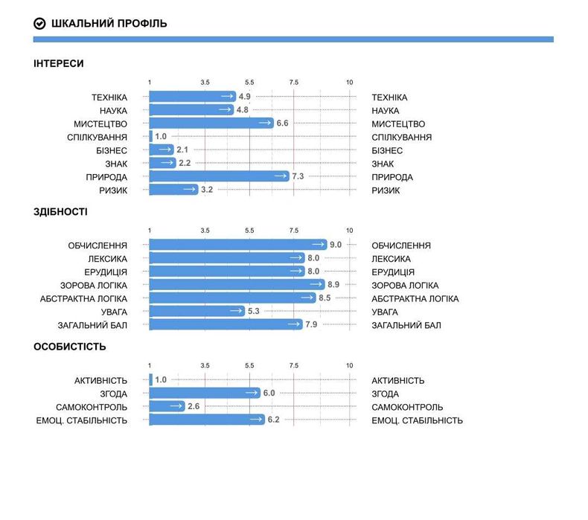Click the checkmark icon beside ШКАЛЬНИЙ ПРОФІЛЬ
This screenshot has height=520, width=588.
[40, 24]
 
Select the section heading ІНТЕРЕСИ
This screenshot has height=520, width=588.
[59, 64]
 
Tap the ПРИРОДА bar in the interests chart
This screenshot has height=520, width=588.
[219, 177]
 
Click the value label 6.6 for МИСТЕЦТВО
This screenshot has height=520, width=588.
[282, 123]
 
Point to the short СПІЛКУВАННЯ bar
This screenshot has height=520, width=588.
[151, 137]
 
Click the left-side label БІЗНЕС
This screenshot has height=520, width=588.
[112, 150]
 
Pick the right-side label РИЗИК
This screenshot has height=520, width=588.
[386, 190]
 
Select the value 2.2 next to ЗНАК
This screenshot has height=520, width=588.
[185, 164]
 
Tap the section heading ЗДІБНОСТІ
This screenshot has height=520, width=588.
[60, 212]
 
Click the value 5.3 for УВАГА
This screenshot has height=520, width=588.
[254, 312]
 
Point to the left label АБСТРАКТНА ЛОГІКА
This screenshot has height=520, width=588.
[83, 298]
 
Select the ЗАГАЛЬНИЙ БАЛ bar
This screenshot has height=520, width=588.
[226, 325]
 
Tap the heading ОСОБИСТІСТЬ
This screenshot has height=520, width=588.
[70, 347]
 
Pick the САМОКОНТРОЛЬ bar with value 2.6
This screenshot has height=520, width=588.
[167, 407]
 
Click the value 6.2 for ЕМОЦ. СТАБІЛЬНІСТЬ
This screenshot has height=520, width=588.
[273, 420]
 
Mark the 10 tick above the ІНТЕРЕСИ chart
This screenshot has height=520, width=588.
[350, 82]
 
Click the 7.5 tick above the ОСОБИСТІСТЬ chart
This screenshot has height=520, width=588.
[294, 365]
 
